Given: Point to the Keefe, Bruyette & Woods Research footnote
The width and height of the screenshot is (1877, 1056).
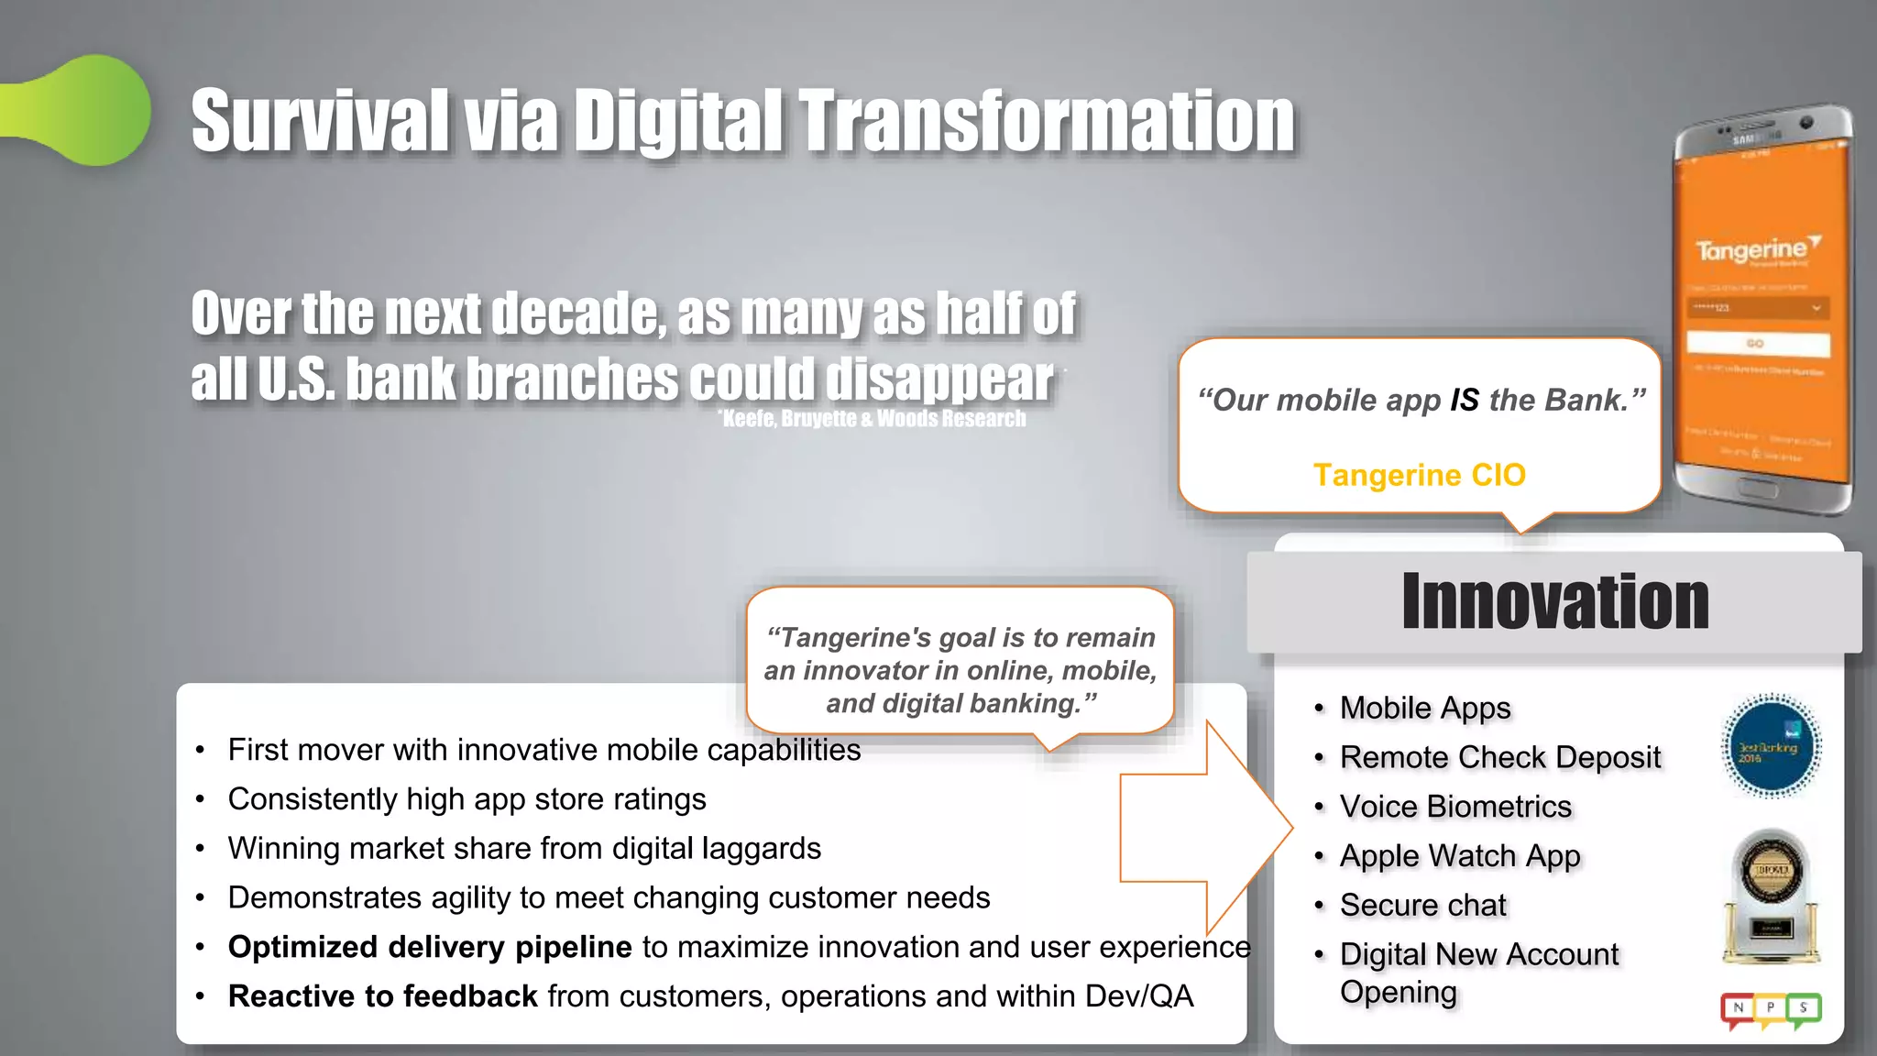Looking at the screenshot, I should coord(873,419).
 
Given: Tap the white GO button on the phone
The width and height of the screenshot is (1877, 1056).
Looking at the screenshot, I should coord(1757,344).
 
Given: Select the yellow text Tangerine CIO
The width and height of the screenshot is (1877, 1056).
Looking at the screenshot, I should coord(1419,475).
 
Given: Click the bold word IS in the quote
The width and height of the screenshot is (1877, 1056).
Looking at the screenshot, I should coord(1464,400).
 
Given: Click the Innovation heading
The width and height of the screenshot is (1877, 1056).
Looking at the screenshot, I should coord(1554,601).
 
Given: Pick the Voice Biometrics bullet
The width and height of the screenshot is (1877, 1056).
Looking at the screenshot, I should coord(1454,807).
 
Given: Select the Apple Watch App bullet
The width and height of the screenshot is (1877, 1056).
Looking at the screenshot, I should coord(1459,856).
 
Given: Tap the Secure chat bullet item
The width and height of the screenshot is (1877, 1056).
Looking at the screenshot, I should coord(1422,906).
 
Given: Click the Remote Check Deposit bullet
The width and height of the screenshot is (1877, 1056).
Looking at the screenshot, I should coord(1499,757).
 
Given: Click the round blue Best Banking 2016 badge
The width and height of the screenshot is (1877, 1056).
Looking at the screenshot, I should coord(1771,746).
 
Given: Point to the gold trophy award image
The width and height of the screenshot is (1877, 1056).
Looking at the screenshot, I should coord(1771,896).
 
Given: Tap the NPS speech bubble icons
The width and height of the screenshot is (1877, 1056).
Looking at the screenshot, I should coord(1771,1010).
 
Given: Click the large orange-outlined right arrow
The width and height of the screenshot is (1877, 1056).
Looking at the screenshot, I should coord(1206,828).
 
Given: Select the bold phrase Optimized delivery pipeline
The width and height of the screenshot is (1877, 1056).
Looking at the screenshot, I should coord(430,947).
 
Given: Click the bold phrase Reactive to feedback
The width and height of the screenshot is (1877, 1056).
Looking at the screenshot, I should coord(382,996).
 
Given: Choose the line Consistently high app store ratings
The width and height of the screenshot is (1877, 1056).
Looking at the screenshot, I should coord(467,799).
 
